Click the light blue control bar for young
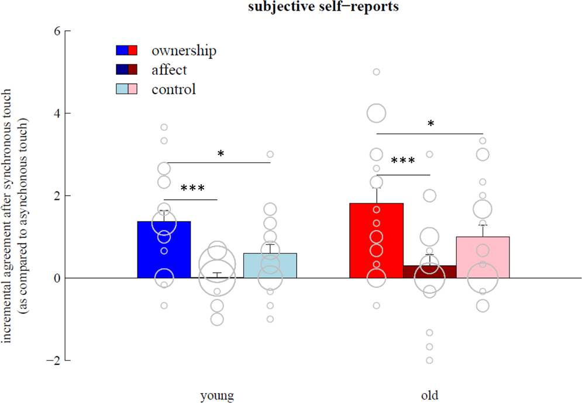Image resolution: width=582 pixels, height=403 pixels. (270, 266)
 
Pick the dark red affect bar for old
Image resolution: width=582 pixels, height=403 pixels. (429, 272)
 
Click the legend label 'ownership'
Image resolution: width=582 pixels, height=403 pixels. (184, 51)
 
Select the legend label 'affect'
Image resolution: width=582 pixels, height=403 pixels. (169, 70)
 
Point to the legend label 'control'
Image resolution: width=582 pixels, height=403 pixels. (173, 89)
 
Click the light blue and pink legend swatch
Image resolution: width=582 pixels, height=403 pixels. (126, 89)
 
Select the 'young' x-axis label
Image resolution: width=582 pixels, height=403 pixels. (216, 395)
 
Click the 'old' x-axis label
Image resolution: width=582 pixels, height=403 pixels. (429, 395)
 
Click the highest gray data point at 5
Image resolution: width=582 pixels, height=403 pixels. (376, 72)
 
